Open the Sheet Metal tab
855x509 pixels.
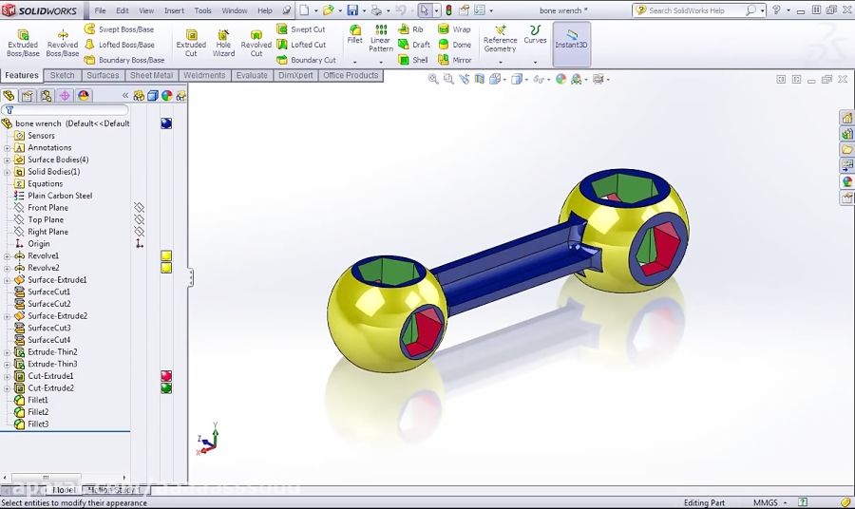pyautogui.click(x=152, y=75)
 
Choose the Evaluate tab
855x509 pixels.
pyautogui.click(x=252, y=75)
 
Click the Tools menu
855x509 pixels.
pyautogui.click(x=202, y=10)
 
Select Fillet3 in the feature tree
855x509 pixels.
pyautogui.click(x=38, y=424)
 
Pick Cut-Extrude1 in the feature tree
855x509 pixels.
pyautogui.click(x=50, y=376)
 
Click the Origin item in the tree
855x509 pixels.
pyautogui.click(x=38, y=244)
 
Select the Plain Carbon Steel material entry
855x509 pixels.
pyautogui.click(x=60, y=196)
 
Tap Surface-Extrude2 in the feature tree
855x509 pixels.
pyautogui.click(x=57, y=316)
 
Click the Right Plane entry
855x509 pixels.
pyautogui.click(x=47, y=232)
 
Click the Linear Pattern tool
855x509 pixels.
pyautogui.click(x=380, y=39)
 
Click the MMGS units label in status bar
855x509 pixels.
pyautogui.click(x=766, y=502)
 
